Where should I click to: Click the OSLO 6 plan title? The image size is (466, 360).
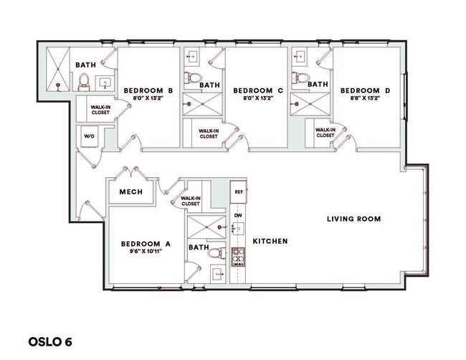50,339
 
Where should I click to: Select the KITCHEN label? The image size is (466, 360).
270,242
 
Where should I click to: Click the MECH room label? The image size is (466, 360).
130,192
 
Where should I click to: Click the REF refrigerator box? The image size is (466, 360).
239,191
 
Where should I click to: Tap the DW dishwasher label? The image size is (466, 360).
237,215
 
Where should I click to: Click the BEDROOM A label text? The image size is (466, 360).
146,244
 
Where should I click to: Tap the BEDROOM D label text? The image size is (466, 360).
365,90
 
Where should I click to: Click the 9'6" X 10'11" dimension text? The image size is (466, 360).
146,252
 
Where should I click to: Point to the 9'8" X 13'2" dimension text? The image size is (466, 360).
365,99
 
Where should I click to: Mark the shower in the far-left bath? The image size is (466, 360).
57,70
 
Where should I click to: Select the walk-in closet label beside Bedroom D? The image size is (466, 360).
325,133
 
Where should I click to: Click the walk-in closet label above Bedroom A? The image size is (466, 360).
190,202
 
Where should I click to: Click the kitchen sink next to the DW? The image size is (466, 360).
238,229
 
